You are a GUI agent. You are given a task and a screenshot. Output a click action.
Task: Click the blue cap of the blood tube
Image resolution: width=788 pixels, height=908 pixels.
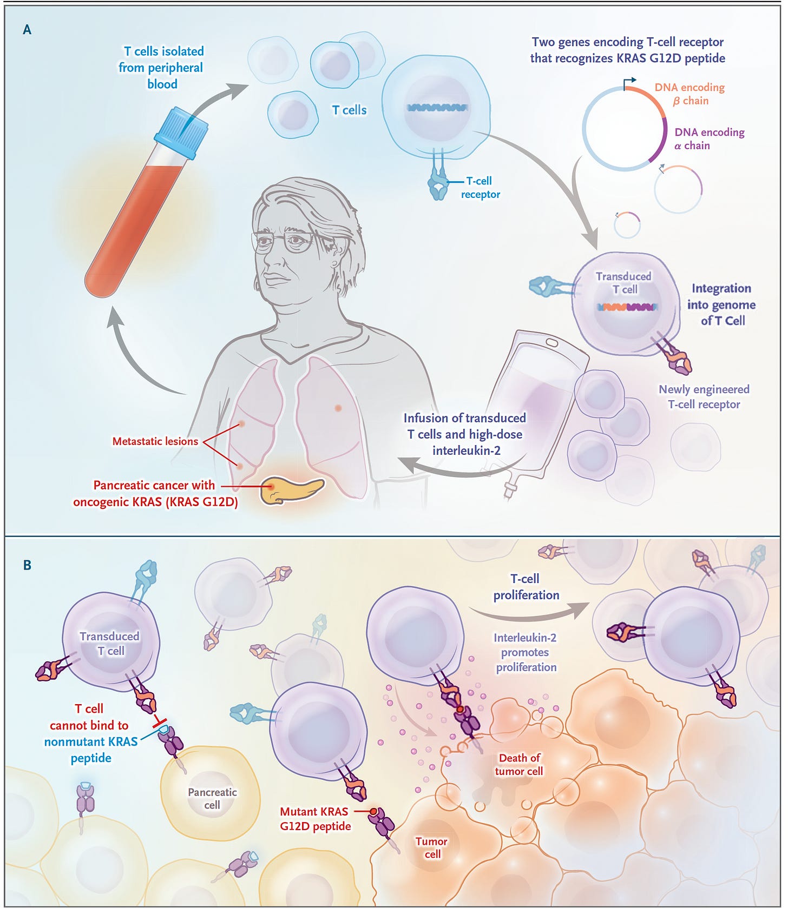pyautogui.click(x=181, y=133)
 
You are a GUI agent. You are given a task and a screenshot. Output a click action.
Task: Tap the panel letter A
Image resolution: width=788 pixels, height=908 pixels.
pyautogui.click(x=27, y=30)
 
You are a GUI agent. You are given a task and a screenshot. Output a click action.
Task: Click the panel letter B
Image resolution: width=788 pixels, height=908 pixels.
pyautogui.click(x=27, y=565)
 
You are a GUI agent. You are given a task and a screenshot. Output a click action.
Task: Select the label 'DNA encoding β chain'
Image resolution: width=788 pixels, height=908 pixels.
pyautogui.click(x=689, y=94)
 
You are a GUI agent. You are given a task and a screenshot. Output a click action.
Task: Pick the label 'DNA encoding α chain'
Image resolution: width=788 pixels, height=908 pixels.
pyautogui.click(x=708, y=139)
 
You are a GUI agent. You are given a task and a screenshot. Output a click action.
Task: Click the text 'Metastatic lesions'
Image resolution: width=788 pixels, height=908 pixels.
pyautogui.click(x=155, y=441)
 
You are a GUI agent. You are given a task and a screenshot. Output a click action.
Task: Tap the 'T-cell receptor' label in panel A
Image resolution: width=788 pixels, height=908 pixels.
pyautogui.click(x=480, y=188)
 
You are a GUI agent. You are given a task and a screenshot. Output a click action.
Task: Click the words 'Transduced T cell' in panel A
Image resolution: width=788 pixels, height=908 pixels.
pyautogui.click(x=623, y=283)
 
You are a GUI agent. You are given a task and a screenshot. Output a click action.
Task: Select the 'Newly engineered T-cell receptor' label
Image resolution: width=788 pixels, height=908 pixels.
pyautogui.click(x=704, y=397)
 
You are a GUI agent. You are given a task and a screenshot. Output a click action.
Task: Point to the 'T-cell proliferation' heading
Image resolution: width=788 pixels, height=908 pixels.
pyautogui.click(x=526, y=587)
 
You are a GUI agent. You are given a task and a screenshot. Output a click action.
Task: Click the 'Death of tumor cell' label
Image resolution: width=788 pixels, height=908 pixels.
pyautogui.click(x=519, y=765)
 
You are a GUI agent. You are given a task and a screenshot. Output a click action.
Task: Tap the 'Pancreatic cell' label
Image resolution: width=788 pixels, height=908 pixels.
pyautogui.click(x=212, y=799)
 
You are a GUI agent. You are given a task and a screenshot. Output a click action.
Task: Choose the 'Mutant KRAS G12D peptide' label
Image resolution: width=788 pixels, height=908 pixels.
pyautogui.click(x=315, y=819)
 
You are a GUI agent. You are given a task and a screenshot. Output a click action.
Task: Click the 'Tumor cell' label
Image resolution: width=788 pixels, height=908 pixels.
pyautogui.click(x=431, y=847)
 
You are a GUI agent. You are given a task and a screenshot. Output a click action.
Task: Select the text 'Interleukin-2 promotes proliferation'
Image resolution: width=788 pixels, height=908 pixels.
pyautogui.click(x=526, y=653)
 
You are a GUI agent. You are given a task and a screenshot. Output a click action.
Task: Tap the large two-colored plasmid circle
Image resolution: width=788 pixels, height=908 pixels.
pyautogui.click(x=625, y=129)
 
